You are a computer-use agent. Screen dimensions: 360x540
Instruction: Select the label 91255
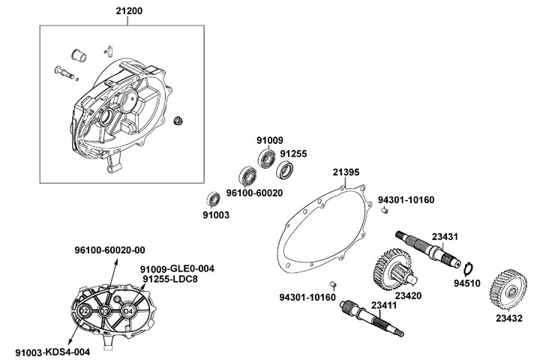[x=294, y=153]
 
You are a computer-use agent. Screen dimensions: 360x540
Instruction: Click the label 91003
[x=216, y=214]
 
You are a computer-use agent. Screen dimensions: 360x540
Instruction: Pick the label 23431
[x=442, y=237]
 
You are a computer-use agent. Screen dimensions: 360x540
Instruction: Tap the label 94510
[x=466, y=284]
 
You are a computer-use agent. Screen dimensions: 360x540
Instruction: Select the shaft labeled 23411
[x=372, y=319]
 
